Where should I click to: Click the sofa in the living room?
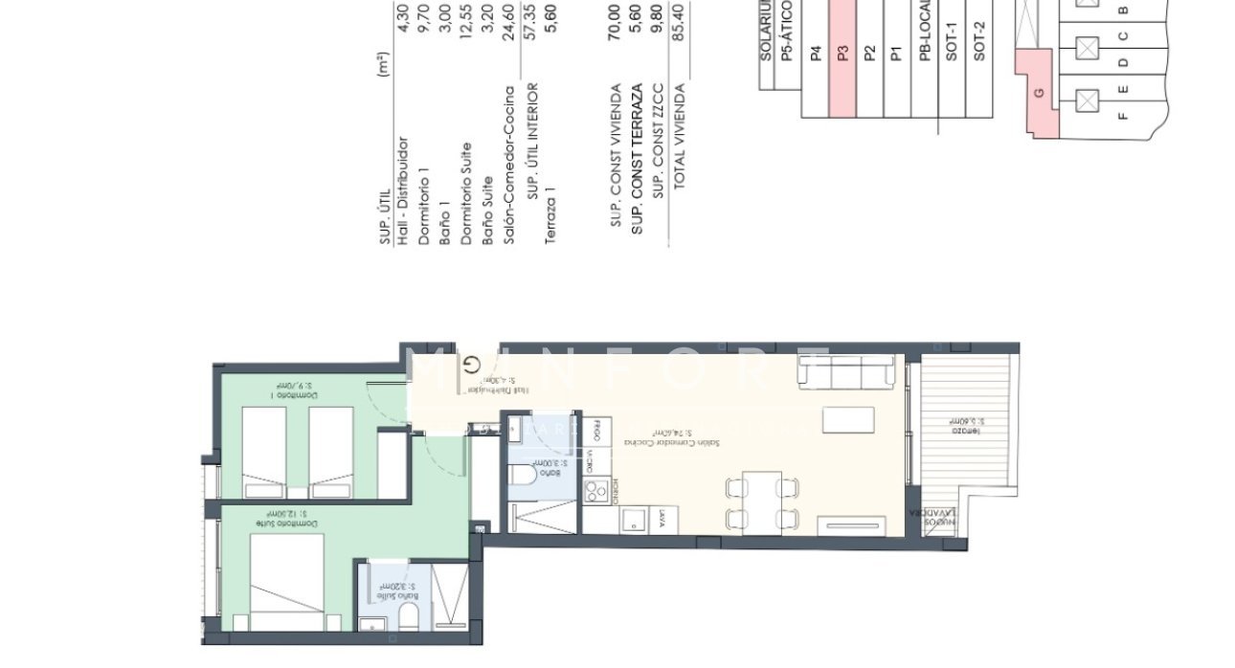tap(848, 373)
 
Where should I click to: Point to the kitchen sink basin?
tap(633, 520)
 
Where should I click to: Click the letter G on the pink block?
tap(1039, 94)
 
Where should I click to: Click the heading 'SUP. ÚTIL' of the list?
tap(385, 218)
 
